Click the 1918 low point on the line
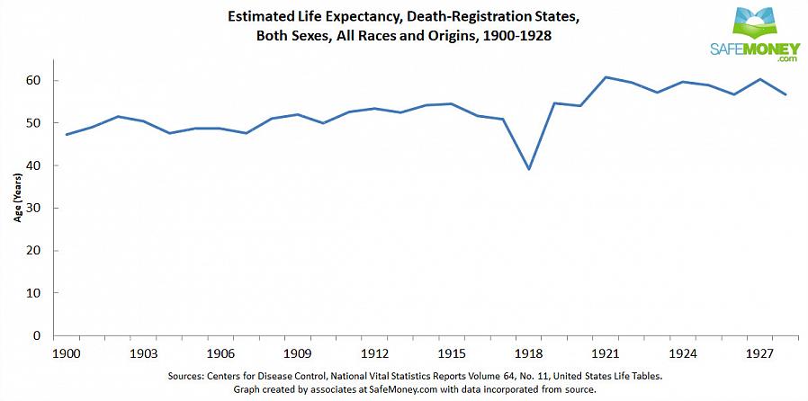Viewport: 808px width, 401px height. (x=529, y=169)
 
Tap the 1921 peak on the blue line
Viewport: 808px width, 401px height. (x=606, y=77)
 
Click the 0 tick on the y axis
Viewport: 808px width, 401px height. (x=39, y=335)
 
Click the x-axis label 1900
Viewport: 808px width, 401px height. (x=67, y=353)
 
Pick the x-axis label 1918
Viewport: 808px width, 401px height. (x=528, y=353)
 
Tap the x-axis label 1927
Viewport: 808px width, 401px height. (x=759, y=353)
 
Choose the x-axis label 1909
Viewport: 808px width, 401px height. (x=298, y=353)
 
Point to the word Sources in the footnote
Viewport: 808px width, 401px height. (x=190, y=376)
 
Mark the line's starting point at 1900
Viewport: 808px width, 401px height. (x=67, y=134)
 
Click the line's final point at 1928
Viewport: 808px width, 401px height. (x=786, y=94)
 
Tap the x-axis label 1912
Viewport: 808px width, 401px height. (x=374, y=353)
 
